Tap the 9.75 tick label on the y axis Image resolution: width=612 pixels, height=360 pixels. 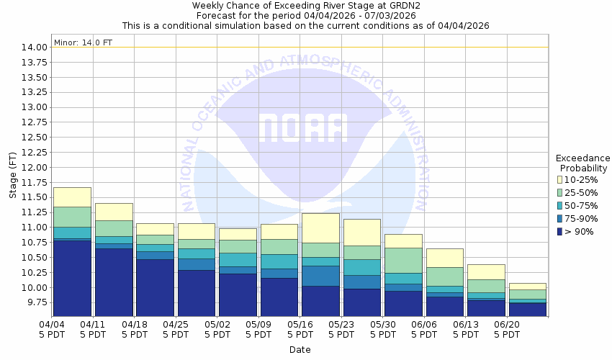coord(37,302)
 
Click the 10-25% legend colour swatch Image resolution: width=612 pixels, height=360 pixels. coord(559,179)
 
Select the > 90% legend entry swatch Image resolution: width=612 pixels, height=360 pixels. coord(559,231)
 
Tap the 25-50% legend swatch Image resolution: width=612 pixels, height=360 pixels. coord(559,192)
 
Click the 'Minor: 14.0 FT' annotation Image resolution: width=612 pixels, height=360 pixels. coord(84,42)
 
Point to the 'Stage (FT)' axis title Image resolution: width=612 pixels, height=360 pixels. coord(12,176)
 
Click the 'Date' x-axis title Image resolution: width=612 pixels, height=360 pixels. coord(300,350)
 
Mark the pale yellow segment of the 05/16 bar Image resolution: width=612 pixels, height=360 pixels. coord(320,228)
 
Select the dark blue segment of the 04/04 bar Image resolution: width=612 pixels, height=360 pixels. coord(72,278)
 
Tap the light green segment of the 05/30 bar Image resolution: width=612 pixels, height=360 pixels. coord(403,260)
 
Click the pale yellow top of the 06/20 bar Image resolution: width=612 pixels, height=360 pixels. coord(528,287)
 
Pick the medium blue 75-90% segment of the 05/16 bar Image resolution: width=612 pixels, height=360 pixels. coord(320,276)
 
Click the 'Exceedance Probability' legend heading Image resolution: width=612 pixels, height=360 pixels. coord(582,163)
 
